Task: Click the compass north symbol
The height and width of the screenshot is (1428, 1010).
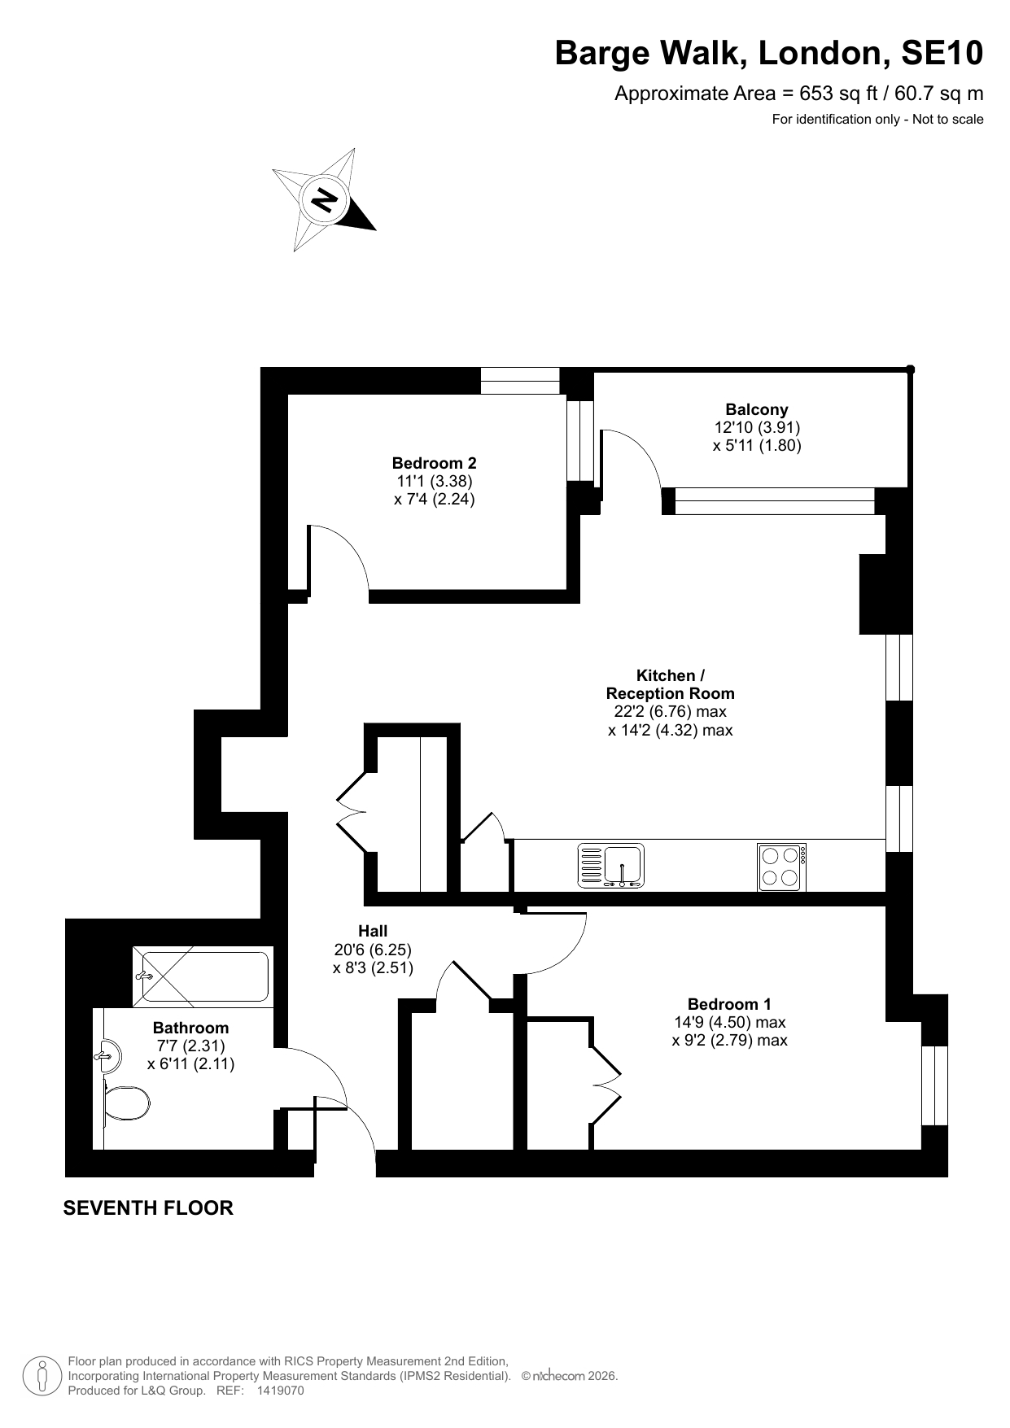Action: [325, 199]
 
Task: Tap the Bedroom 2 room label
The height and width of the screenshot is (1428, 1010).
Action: [435, 463]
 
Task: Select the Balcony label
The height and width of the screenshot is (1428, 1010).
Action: [757, 409]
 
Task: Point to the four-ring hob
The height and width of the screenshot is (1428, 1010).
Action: [782, 867]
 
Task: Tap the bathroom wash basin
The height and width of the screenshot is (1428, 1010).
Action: [107, 1056]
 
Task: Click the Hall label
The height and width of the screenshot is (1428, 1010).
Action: [373, 931]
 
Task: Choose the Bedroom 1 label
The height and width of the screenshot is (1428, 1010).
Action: [729, 1004]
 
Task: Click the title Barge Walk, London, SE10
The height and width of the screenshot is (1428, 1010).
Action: [769, 54]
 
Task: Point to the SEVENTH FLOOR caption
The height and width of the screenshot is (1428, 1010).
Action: [148, 1208]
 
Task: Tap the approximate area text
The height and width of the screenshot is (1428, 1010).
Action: [799, 94]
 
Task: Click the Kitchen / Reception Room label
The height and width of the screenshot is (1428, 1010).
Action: [671, 684]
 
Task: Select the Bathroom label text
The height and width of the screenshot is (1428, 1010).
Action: [191, 1028]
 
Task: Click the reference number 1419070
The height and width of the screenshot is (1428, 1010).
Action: [280, 1391]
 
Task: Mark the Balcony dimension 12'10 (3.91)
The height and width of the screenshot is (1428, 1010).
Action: [758, 427]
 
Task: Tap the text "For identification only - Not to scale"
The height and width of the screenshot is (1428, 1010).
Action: [878, 120]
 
